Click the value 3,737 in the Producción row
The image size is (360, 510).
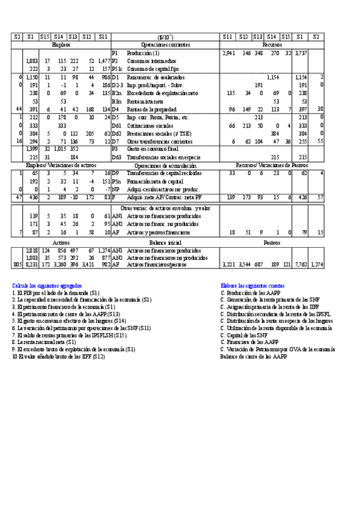301,53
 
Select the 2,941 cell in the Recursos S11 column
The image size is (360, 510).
228,53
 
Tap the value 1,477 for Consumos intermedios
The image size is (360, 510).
103,61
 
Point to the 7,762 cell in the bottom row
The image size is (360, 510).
301,263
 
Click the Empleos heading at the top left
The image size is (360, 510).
61,45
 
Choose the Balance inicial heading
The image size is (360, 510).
165,242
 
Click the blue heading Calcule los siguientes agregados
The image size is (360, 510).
47,285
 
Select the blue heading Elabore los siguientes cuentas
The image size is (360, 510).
252,285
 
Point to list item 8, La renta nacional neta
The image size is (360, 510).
43,342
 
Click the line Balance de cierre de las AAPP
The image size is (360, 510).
254,357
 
